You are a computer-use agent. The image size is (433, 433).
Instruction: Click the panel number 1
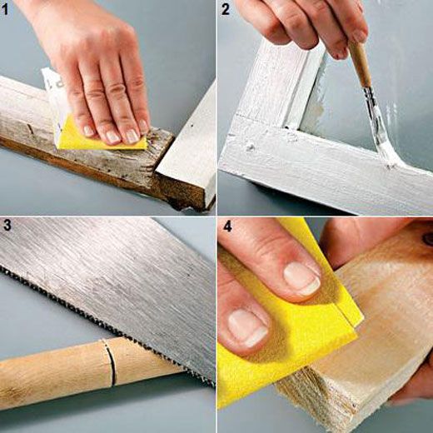(5, 10)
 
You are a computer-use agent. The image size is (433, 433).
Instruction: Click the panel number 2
(226, 10)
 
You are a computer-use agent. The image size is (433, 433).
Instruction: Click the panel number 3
(7, 226)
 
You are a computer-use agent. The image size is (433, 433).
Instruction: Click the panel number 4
(227, 226)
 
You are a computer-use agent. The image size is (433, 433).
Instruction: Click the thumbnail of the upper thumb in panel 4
(301, 278)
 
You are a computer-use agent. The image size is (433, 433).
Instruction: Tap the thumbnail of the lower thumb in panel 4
(248, 328)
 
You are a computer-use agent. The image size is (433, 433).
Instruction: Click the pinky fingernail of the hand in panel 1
(142, 126)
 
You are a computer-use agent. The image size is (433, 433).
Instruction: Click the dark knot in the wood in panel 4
(427, 239)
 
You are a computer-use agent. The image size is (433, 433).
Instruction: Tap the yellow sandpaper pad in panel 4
(289, 341)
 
